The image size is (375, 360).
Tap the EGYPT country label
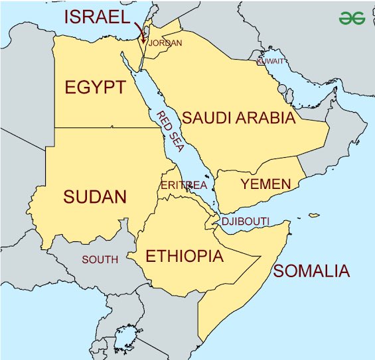click(x=95, y=88)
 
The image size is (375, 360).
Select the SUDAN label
click(x=95, y=196)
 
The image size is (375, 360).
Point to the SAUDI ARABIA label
click(x=238, y=118)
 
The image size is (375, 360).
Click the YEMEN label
click(x=265, y=184)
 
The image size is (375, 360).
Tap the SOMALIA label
click(x=311, y=270)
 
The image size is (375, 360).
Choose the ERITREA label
click(x=184, y=186)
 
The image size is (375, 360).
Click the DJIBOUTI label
click(x=245, y=221)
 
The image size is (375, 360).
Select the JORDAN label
click(x=165, y=43)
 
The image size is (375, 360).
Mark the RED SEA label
click(x=169, y=132)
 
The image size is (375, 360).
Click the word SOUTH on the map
click(x=100, y=259)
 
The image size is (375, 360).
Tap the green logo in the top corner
click(x=352, y=18)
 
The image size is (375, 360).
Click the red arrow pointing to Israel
click(x=141, y=31)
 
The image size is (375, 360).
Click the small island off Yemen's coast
click(x=313, y=215)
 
